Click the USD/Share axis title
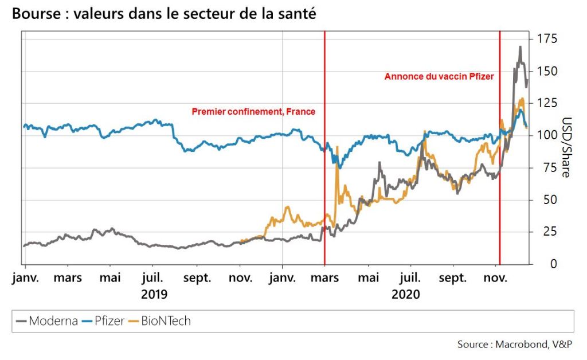566,148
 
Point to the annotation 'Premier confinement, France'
253,112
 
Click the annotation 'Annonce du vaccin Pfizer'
439,76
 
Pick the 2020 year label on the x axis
406,295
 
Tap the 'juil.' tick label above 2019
152,278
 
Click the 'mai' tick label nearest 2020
369,278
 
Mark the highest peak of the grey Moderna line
520,47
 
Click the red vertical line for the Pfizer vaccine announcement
500,172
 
